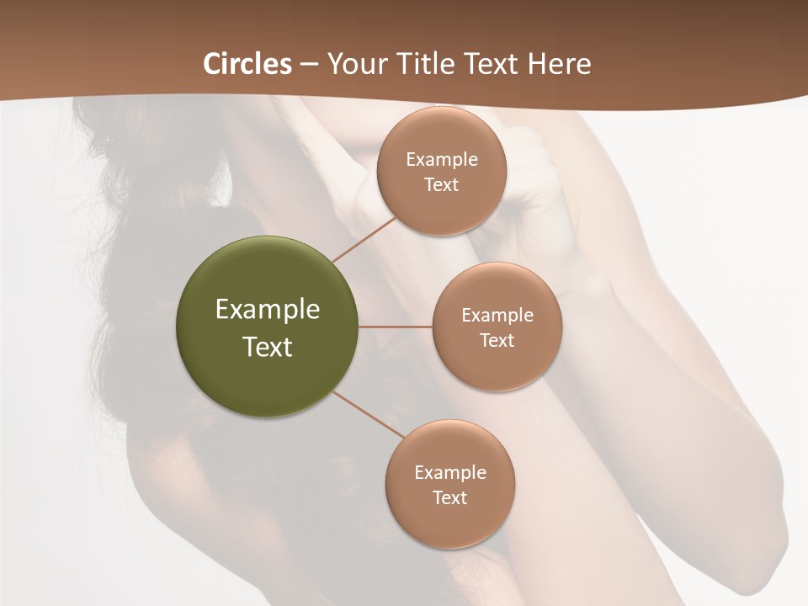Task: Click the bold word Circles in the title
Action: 247,64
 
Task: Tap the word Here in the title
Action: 559,64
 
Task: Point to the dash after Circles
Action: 309,65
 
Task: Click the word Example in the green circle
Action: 268,309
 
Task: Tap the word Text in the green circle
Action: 268,347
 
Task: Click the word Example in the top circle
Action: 442,159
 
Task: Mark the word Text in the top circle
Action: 442,184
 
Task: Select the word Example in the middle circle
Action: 497,315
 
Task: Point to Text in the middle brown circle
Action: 497,340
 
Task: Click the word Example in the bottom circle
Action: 450,472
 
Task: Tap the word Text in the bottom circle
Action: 450,497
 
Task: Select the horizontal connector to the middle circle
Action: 396,327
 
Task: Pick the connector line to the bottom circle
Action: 369,414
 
